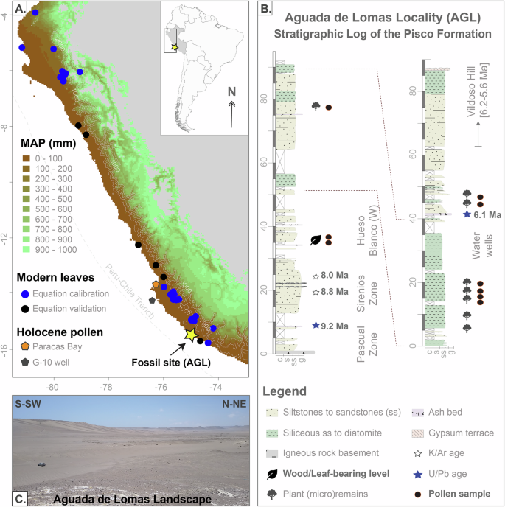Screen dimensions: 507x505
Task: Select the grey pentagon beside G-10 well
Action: point(151,301)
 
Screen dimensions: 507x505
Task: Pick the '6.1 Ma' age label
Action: point(488,214)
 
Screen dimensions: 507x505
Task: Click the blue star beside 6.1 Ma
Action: point(466,214)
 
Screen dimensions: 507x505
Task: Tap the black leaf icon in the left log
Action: point(316,239)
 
